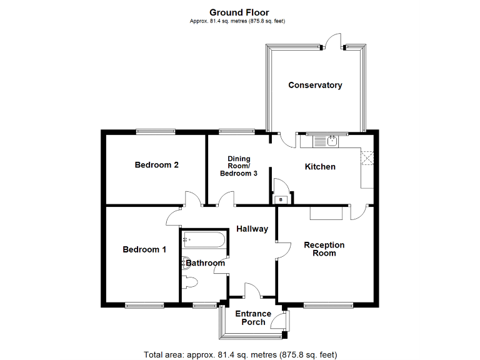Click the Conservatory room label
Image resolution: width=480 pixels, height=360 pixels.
[315, 85]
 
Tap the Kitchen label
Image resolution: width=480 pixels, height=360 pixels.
[320, 166]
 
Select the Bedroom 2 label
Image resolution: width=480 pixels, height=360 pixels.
[156, 165]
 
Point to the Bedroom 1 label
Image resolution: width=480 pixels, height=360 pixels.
[144, 249]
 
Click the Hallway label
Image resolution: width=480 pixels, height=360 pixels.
[252, 229]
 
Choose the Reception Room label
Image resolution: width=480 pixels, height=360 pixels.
[324, 249]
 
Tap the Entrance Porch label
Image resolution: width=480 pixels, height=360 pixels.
[253, 317]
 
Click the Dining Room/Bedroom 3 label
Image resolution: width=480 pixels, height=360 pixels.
[239, 166]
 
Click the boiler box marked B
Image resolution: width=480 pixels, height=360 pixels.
[281, 199]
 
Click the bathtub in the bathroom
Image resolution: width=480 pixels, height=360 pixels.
[204, 240]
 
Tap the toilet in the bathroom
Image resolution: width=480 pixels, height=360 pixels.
[189, 282]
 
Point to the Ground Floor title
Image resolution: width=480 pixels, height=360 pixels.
[239, 12]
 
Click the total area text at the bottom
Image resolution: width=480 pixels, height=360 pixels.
[240, 355]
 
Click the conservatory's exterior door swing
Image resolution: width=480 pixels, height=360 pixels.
[333, 41]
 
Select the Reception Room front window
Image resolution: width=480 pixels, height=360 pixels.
[329, 305]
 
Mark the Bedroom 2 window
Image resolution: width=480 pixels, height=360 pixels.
[156, 132]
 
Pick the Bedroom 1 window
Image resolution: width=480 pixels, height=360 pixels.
[144, 305]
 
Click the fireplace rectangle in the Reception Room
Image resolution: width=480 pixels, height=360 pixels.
[326, 213]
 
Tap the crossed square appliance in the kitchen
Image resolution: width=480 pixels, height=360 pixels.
[367, 158]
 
